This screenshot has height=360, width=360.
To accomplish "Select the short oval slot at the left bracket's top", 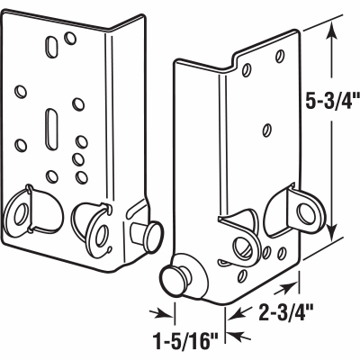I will tap(58, 43).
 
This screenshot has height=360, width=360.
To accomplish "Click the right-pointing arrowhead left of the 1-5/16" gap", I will tap(165, 313).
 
